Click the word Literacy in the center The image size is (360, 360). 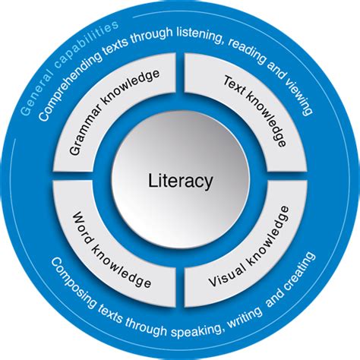click(180, 182)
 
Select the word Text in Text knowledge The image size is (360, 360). click(233, 87)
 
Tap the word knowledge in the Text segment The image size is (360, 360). click(266, 119)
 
